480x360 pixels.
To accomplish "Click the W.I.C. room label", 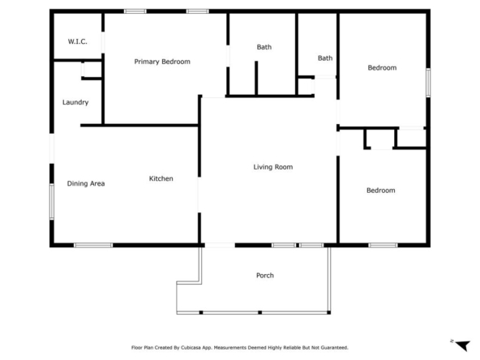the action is coord(78,41).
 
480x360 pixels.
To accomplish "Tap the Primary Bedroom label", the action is coord(162,62).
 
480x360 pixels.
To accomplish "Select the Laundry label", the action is coord(75,102).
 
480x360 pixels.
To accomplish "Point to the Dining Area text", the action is coord(86,183).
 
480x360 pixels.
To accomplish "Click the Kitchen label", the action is coord(161,178).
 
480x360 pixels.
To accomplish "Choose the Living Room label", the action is coord(273,167).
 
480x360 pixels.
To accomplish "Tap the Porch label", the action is coord(265,275).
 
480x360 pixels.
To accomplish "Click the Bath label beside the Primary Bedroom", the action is coord(264,47).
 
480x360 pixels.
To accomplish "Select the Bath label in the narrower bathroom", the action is coord(325,58).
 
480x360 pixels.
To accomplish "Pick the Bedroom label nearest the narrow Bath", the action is coord(382,67).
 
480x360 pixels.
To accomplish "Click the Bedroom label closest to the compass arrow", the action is coord(381,191).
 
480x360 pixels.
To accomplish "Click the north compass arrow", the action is coord(463,345).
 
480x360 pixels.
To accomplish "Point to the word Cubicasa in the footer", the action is coord(191,348).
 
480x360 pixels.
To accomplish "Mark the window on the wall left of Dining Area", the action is coord(52,201).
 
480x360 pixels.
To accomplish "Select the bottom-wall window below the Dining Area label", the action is coord(93,245).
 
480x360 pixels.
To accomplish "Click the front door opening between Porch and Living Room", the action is coord(220,245).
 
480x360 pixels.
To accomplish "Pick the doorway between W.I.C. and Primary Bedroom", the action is coord(103,42).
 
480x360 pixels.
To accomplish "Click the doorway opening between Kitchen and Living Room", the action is coord(199,195).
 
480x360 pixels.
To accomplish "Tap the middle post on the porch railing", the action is coord(260,312).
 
